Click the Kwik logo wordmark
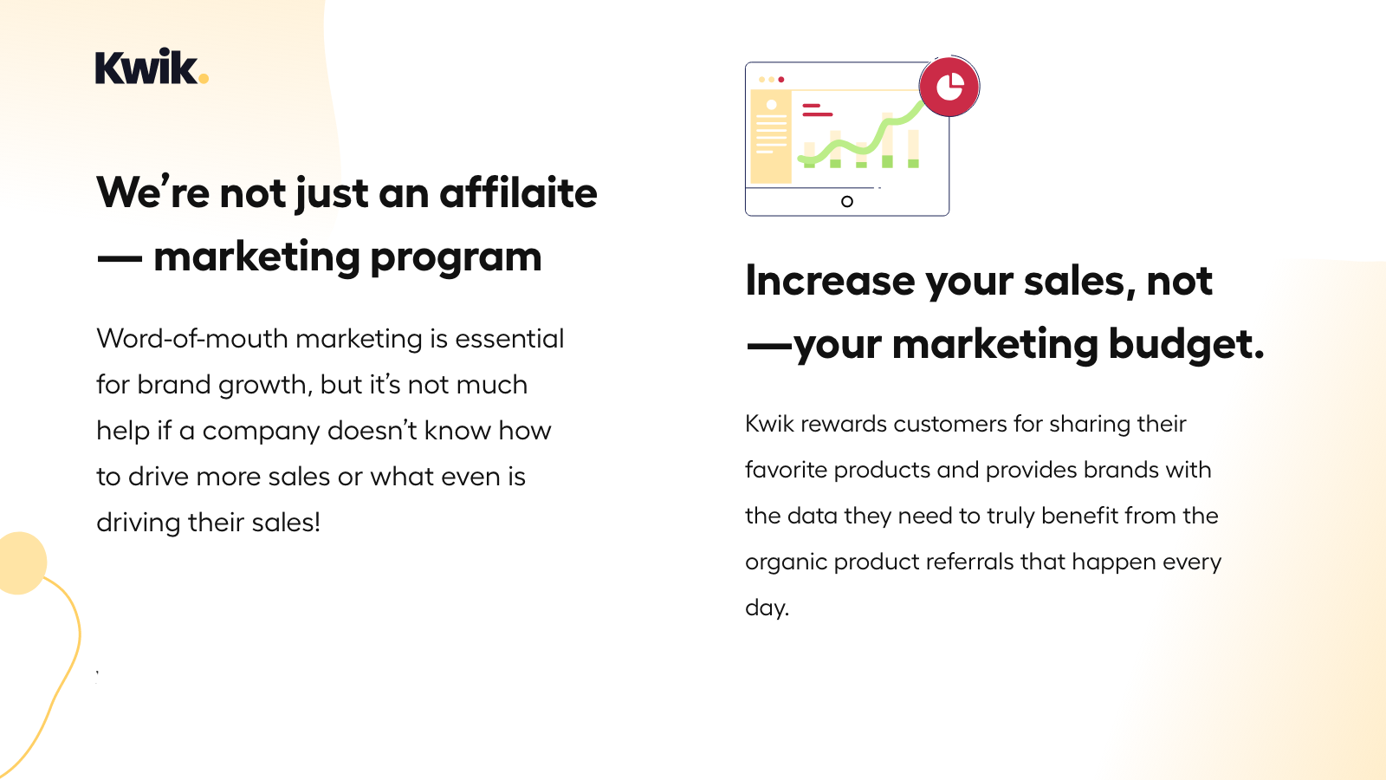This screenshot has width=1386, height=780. pyautogui.click(x=146, y=66)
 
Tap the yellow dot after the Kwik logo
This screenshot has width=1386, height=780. pyautogui.click(x=204, y=79)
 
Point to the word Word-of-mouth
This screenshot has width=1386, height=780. pyautogui.click(x=192, y=339)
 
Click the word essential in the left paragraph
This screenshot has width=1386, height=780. pyautogui.click(x=509, y=339)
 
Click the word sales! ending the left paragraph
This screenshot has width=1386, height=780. pyautogui.click(x=286, y=523)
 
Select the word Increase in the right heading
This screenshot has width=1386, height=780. pyautogui.click(x=830, y=282)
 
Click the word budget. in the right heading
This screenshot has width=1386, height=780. pyautogui.click(x=1186, y=343)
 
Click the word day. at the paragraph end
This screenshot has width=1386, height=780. pyautogui.click(x=767, y=608)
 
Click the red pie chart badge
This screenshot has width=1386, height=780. pyautogui.click(x=949, y=87)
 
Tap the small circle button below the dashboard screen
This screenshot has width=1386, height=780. pyautogui.click(x=847, y=201)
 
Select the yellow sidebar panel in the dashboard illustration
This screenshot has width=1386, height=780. pyautogui.click(x=771, y=137)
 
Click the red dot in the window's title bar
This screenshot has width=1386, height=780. pyautogui.click(x=781, y=79)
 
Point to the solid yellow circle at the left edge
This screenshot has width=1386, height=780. pyautogui.click(x=21, y=562)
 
